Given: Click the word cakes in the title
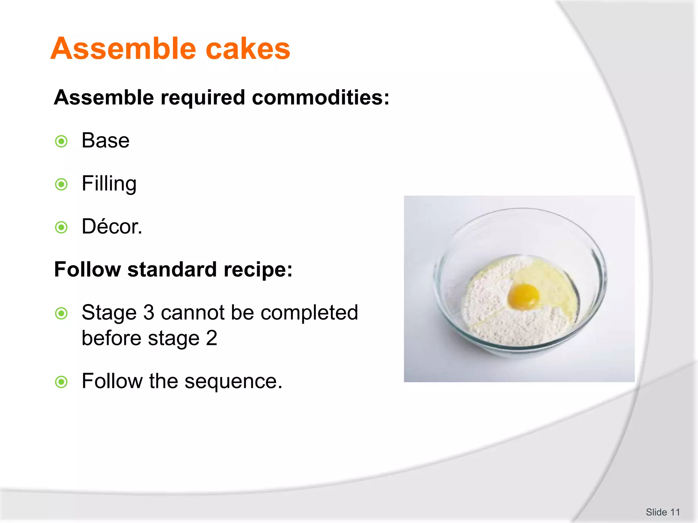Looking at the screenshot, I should tap(248, 49).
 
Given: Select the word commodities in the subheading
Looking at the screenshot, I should tap(320, 98).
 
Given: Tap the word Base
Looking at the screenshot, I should tap(106, 141).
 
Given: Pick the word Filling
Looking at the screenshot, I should tap(109, 184).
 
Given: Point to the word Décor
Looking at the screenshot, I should tap(111, 226).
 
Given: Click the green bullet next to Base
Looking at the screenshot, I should tap(61, 141).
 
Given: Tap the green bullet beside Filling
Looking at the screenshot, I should tap(61, 185).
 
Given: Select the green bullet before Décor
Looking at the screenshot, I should tap(61, 227).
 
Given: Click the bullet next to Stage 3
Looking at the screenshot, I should tap(61, 313).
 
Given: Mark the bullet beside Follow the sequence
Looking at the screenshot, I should tap(61, 382).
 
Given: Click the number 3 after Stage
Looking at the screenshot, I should tap(149, 313).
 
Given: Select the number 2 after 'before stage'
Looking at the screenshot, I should tap(212, 338).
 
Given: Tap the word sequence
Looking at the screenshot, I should tap(233, 381).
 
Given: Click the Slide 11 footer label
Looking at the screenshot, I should tap(663, 512).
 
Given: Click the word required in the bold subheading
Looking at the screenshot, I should tap(203, 98).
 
